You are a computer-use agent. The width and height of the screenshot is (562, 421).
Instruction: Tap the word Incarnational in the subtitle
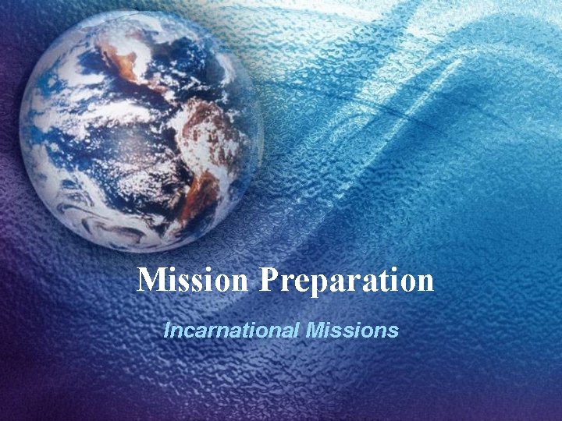[231, 330]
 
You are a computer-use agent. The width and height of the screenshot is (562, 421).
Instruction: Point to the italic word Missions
[352, 330]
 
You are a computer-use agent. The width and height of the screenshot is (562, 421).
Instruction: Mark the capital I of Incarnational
[167, 330]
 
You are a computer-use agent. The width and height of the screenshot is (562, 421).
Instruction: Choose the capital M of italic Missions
[315, 330]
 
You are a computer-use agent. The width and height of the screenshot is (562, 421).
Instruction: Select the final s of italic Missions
[394, 331]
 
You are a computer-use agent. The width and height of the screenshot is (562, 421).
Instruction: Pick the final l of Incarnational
[297, 330]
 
